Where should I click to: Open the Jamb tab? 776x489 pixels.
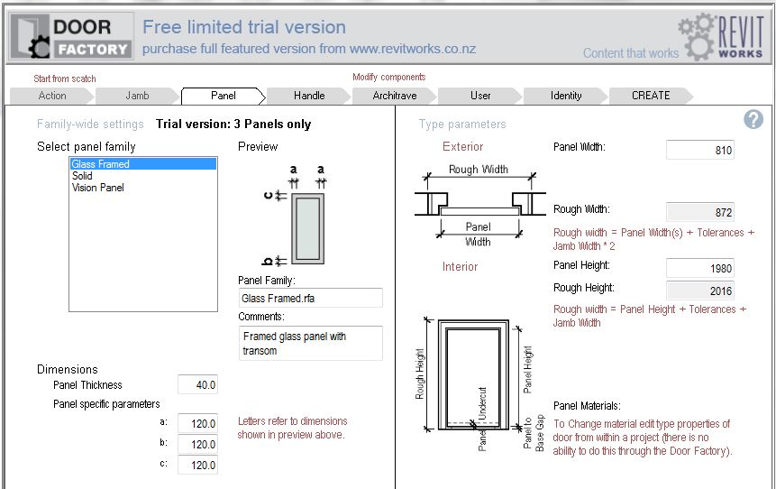[137, 96]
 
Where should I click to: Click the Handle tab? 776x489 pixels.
[309, 96]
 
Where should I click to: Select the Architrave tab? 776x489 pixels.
[395, 96]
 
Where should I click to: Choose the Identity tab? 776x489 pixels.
[566, 96]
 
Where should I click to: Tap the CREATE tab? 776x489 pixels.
[651, 96]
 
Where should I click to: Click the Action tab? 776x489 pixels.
[52, 96]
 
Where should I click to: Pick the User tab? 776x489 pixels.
[480, 96]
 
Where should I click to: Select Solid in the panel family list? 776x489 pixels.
[82, 176]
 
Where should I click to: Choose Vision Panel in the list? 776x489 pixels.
[98, 188]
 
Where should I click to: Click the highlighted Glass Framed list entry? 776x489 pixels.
[143, 164]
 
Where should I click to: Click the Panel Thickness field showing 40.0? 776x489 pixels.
[197, 385]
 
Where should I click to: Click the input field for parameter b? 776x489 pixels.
[197, 445]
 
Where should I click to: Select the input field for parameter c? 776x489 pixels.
[197, 466]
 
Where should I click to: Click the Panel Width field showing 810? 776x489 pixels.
[699, 150]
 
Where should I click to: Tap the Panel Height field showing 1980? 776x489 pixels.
[699, 268]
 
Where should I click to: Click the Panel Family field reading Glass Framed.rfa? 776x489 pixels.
[310, 299]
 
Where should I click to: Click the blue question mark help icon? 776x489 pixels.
[753, 119]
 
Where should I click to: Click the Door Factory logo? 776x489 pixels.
[71, 37]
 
